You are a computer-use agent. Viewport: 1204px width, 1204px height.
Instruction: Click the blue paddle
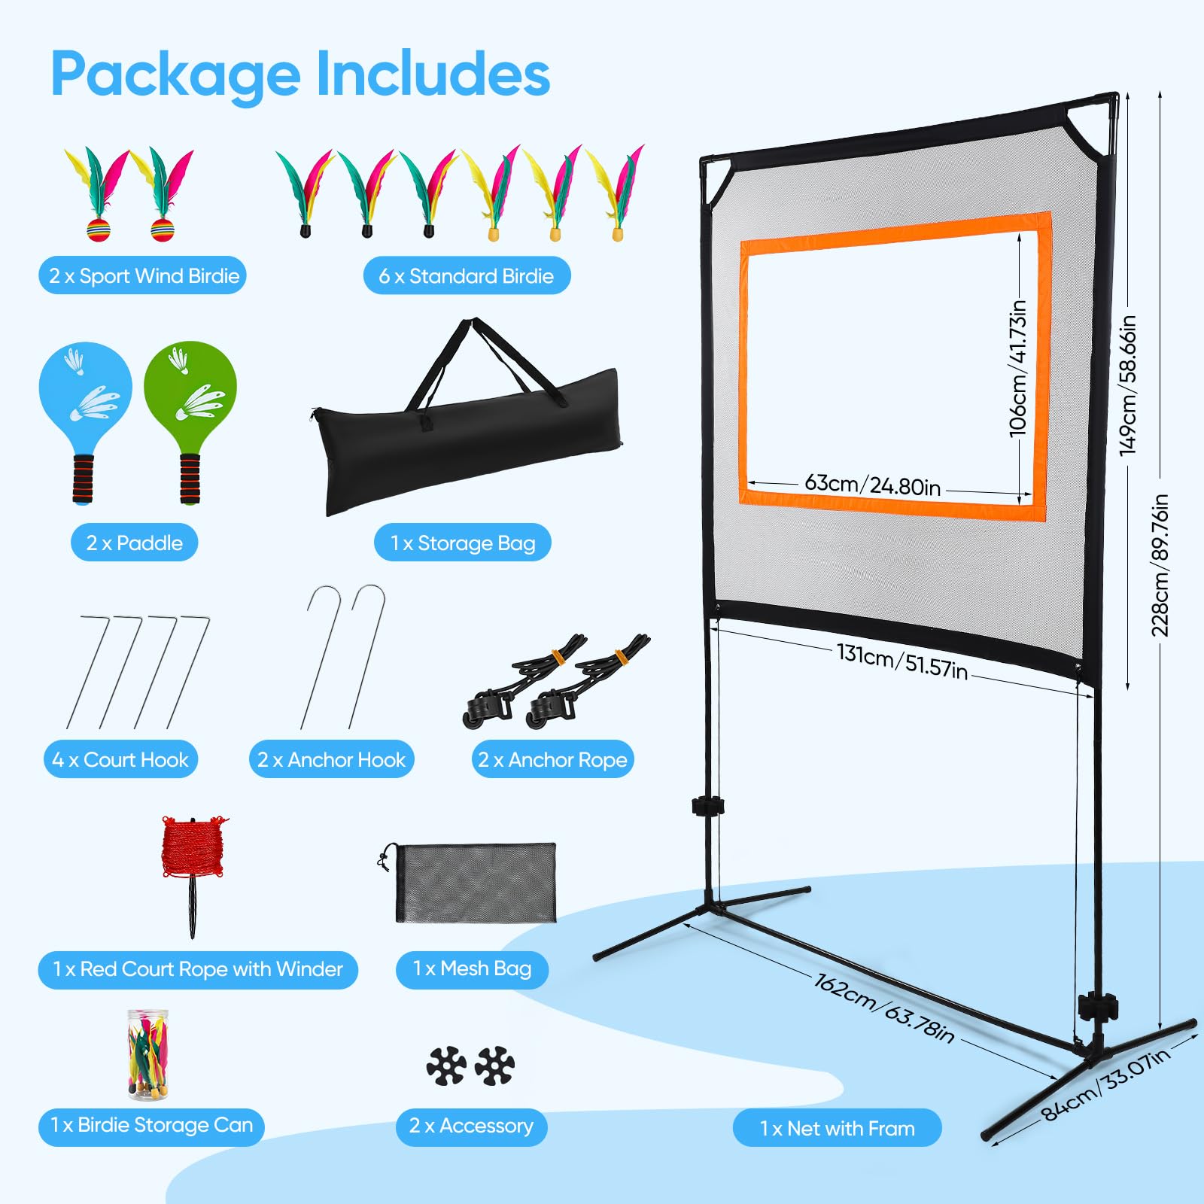[x=85, y=406]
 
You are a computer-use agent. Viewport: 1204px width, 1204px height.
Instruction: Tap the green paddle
[x=190, y=406]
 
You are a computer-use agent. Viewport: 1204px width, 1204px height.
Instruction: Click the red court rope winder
[x=193, y=865]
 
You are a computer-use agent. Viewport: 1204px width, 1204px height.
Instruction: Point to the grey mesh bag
[x=474, y=882]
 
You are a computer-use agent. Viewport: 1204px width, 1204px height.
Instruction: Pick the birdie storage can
[x=148, y=1054]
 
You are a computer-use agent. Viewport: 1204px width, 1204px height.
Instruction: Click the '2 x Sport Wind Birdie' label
[x=143, y=276]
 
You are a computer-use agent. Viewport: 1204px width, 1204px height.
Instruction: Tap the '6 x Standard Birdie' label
[x=467, y=276]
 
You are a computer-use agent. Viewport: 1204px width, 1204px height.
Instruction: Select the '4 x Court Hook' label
[x=120, y=759]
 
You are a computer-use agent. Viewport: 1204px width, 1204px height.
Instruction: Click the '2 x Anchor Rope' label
[x=552, y=759]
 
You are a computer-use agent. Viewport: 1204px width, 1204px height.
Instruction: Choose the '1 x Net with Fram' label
[x=837, y=1128]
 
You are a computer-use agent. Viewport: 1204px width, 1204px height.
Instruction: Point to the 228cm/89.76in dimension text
[x=1160, y=565]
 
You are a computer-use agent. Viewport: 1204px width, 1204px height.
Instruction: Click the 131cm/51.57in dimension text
[x=902, y=661]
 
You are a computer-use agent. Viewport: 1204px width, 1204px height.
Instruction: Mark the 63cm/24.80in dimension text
[x=873, y=485]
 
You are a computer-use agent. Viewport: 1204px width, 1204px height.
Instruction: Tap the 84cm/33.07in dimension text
[x=1105, y=1084]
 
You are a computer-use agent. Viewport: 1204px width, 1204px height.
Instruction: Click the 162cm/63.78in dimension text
[x=884, y=1008]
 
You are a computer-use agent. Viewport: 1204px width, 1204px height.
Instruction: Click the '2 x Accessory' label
[x=471, y=1126]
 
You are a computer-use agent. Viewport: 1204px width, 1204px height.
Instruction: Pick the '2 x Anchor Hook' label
[x=331, y=759]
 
